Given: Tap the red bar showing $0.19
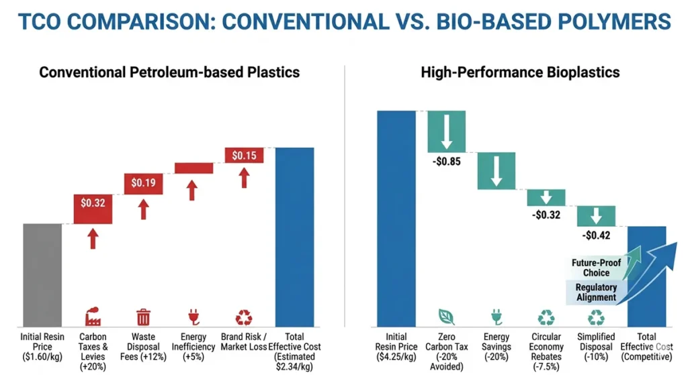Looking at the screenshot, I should click(x=142, y=183).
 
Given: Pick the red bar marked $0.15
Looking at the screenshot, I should click(x=244, y=155).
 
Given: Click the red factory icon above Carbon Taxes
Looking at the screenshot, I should click(x=93, y=317).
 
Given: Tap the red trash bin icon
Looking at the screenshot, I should click(x=143, y=317).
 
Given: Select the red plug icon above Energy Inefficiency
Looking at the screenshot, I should click(x=193, y=317).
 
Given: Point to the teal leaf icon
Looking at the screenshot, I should click(x=446, y=317).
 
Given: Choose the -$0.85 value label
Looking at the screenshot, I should click(x=447, y=161).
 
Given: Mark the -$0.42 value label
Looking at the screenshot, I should click(x=596, y=235).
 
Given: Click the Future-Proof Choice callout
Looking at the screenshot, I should click(x=596, y=268).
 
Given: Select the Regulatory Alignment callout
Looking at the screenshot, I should click(x=595, y=292).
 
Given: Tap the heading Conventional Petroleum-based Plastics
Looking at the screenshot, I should click(x=169, y=72).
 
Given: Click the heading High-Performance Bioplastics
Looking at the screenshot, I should click(x=520, y=72).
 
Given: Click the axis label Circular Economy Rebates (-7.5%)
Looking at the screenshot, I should click(x=546, y=352).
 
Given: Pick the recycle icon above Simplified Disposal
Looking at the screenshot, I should click(x=596, y=317).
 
